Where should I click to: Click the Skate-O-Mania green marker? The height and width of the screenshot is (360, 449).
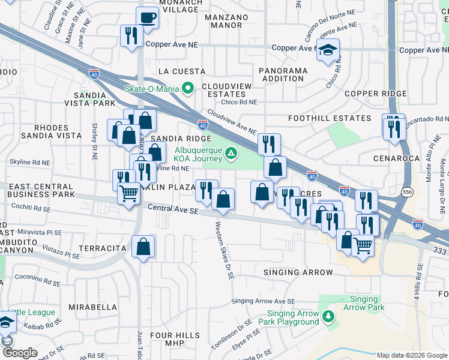[188, 89]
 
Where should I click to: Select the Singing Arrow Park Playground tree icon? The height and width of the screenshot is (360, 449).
[328, 317]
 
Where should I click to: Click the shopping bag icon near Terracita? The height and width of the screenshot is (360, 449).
[143, 246]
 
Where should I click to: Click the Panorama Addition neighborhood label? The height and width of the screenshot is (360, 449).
[283, 75]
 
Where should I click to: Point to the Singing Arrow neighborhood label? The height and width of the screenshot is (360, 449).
[298, 272]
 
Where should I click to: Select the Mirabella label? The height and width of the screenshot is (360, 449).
[92, 307]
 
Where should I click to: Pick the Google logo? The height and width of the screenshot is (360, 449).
[19, 353]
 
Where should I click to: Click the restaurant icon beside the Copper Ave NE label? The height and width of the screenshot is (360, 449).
[130, 35]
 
